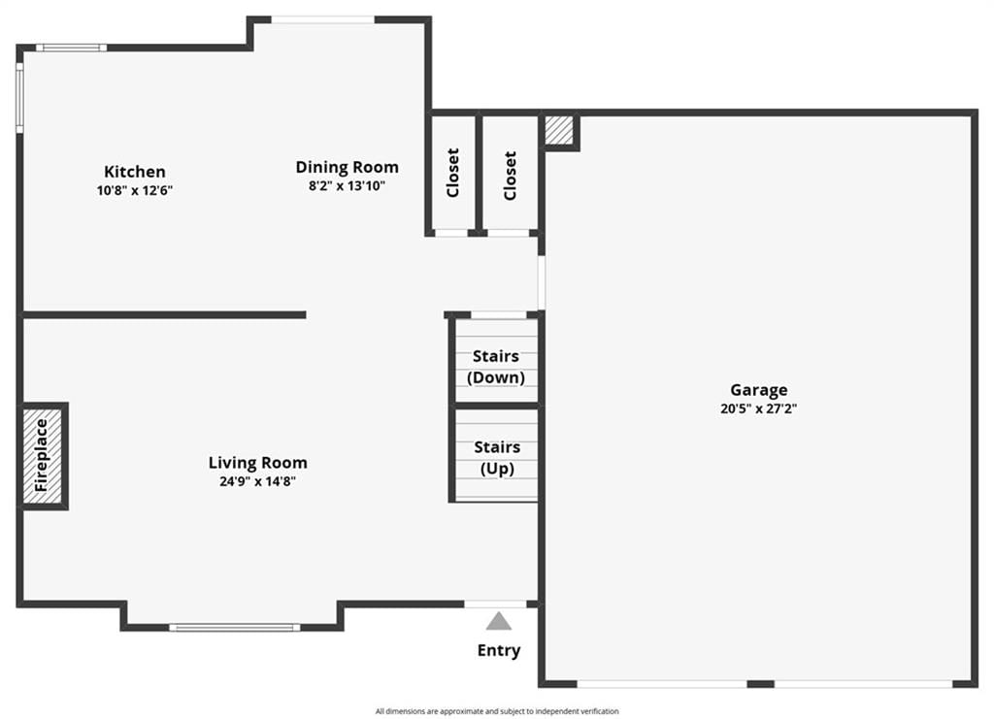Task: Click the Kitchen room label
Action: [x=134, y=172]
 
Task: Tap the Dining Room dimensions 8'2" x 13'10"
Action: [x=347, y=186]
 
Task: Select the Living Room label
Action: [x=258, y=463]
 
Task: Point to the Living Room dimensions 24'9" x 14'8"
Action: [x=258, y=481]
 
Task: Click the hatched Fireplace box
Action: [x=43, y=456]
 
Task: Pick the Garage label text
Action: [x=759, y=390]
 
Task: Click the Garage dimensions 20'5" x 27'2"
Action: [x=759, y=409]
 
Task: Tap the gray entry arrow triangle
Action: [x=499, y=621]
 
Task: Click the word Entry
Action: [x=499, y=650]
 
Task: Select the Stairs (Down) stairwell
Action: [x=496, y=360]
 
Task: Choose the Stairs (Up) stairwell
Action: [x=496, y=455]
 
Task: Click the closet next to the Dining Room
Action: [x=452, y=173]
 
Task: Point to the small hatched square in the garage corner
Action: [x=559, y=130]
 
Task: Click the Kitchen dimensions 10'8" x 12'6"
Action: [x=134, y=191]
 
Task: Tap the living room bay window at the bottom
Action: [x=235, y=628]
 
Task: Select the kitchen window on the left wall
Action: [x=19, y=98]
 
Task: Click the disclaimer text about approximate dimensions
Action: [x=497, y=711]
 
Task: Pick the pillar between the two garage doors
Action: [x=761, y=684]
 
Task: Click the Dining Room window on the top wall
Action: [x=322, y=20]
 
